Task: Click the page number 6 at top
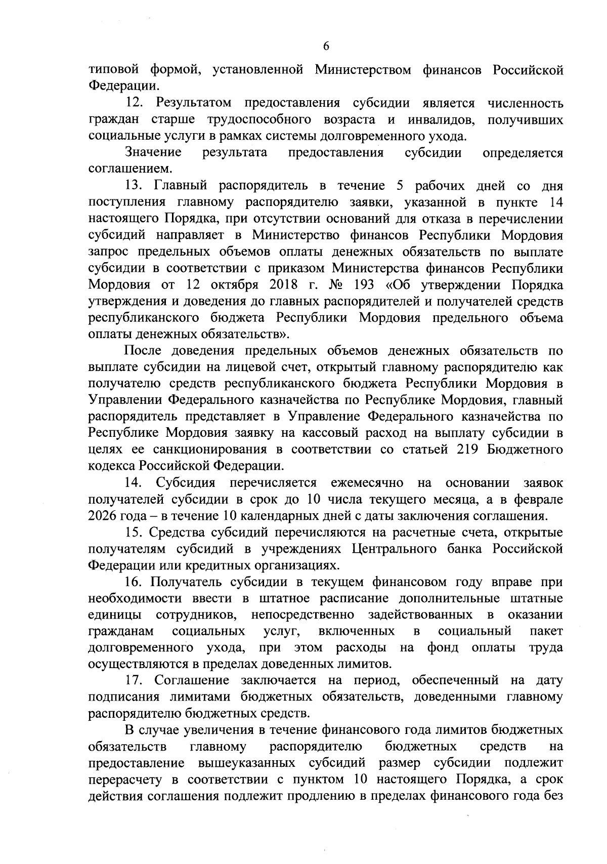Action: point(326,46)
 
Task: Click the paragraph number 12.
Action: point(135,103)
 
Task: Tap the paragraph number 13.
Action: point(135,186)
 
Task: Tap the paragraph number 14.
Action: point(135,483)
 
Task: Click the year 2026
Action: point(103,516)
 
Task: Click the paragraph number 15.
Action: point(135,532)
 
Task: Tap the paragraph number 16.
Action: point(135,582)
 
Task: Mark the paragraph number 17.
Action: point(135,681)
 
